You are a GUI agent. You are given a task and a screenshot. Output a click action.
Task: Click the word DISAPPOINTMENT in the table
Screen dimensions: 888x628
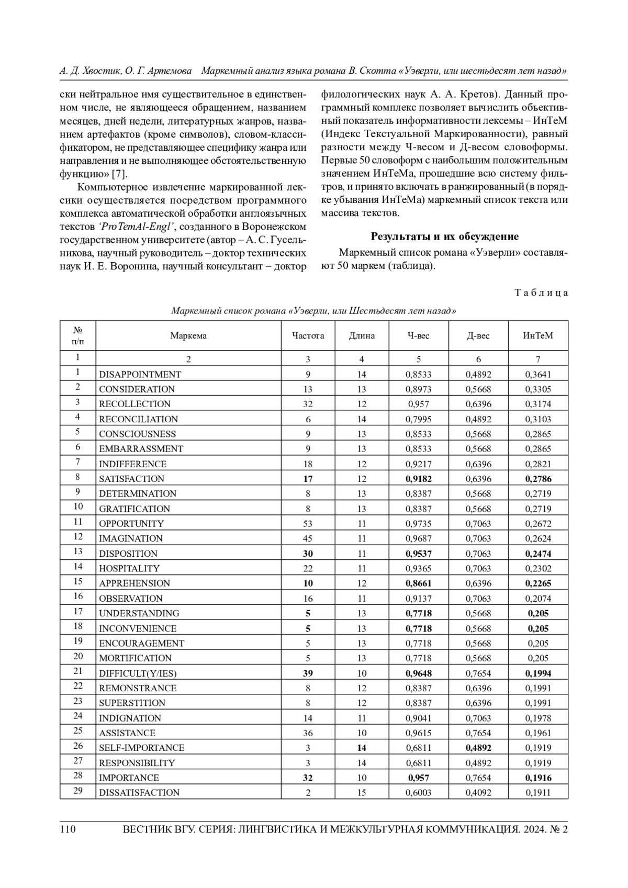tap(140, 374)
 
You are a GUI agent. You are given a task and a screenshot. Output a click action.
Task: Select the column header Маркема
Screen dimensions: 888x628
tap(188, 335)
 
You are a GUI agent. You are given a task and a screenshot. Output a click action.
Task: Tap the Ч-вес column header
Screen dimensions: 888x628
tap(418, 335)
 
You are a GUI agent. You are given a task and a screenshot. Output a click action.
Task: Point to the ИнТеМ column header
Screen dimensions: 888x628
tap(537, 335)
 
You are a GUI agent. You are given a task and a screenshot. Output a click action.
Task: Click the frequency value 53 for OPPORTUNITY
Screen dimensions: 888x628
tap(308, 523)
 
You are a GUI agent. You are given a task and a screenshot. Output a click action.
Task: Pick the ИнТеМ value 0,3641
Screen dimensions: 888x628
tap(538, 374)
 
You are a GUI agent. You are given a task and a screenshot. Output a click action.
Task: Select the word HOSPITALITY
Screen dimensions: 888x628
tap(129, 568)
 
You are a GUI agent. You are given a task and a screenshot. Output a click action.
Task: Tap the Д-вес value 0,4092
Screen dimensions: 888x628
tap(478, 792)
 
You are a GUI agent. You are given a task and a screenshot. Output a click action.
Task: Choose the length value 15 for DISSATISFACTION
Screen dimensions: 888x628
tap(362, 792)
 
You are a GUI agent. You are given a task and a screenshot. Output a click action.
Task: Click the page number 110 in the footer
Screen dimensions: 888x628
tap(68, 829)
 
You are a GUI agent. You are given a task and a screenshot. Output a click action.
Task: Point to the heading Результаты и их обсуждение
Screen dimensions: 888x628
tap(444, 237)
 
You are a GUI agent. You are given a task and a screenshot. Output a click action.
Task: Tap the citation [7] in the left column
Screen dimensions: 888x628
tap(120, 173)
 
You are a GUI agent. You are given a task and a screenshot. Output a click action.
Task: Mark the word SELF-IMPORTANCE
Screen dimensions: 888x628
tap(141, 748)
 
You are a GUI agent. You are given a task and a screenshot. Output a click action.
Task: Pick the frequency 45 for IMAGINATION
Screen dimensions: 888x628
tap(308, 538)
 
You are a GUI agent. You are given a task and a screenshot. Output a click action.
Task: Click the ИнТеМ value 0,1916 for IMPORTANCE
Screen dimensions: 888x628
tap(538, 778)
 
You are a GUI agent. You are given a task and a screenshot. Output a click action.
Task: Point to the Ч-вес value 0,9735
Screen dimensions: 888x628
tap(418, 523)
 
